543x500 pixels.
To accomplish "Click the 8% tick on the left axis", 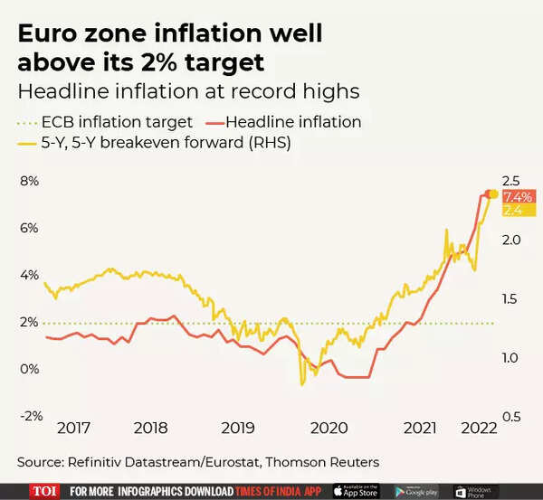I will pos(30,181).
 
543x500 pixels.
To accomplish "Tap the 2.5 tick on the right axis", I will pos(511,181).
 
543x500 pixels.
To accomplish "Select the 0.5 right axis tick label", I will pos(511,416).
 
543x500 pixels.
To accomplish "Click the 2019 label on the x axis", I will pos(238,429).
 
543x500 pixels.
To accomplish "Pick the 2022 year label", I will pos(479,429).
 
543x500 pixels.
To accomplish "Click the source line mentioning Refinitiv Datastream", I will pos(197,462).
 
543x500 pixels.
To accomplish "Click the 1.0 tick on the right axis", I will pos(511,357).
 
